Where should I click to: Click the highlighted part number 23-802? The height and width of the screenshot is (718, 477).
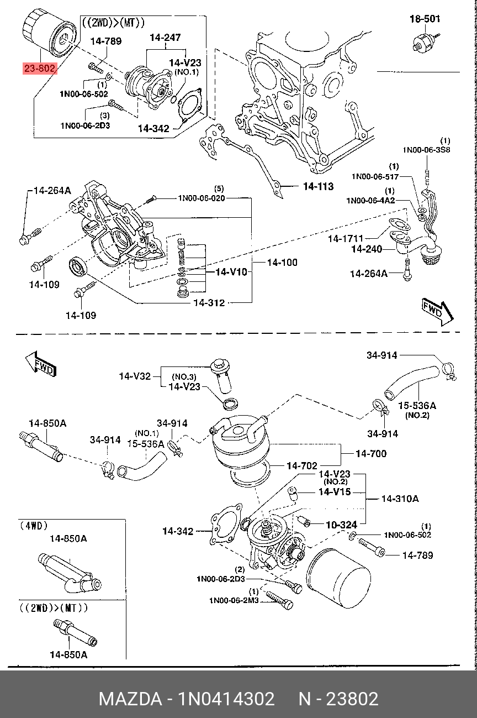click(x=39, y=69)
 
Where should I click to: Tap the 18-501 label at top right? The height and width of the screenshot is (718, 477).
click(x=425, y=19)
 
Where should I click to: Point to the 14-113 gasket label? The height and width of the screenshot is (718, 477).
click(x=318, y=187)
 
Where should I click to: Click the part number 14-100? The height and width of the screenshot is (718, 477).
click(x=282, y=263)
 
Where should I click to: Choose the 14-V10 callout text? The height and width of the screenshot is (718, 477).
click(x=231, y=272)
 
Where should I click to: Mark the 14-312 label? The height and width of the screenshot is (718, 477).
click(x=209, y=303)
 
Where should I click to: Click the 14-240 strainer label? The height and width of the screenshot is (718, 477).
click(x=366, y=249)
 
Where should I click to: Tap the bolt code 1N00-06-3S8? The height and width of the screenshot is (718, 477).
click(x=426, y=149)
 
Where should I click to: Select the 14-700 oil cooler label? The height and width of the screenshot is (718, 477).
click(x=371, y=454)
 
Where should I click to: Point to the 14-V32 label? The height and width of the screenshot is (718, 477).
click(x=135, y=376)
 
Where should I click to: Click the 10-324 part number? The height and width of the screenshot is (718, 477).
click(x=341, y=524)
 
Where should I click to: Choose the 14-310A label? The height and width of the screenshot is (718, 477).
click(x=400, y=499)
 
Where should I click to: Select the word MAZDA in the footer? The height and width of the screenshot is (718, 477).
click(x=129, y=699)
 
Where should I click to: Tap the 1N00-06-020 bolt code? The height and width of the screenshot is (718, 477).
click(x=201, y=198)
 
